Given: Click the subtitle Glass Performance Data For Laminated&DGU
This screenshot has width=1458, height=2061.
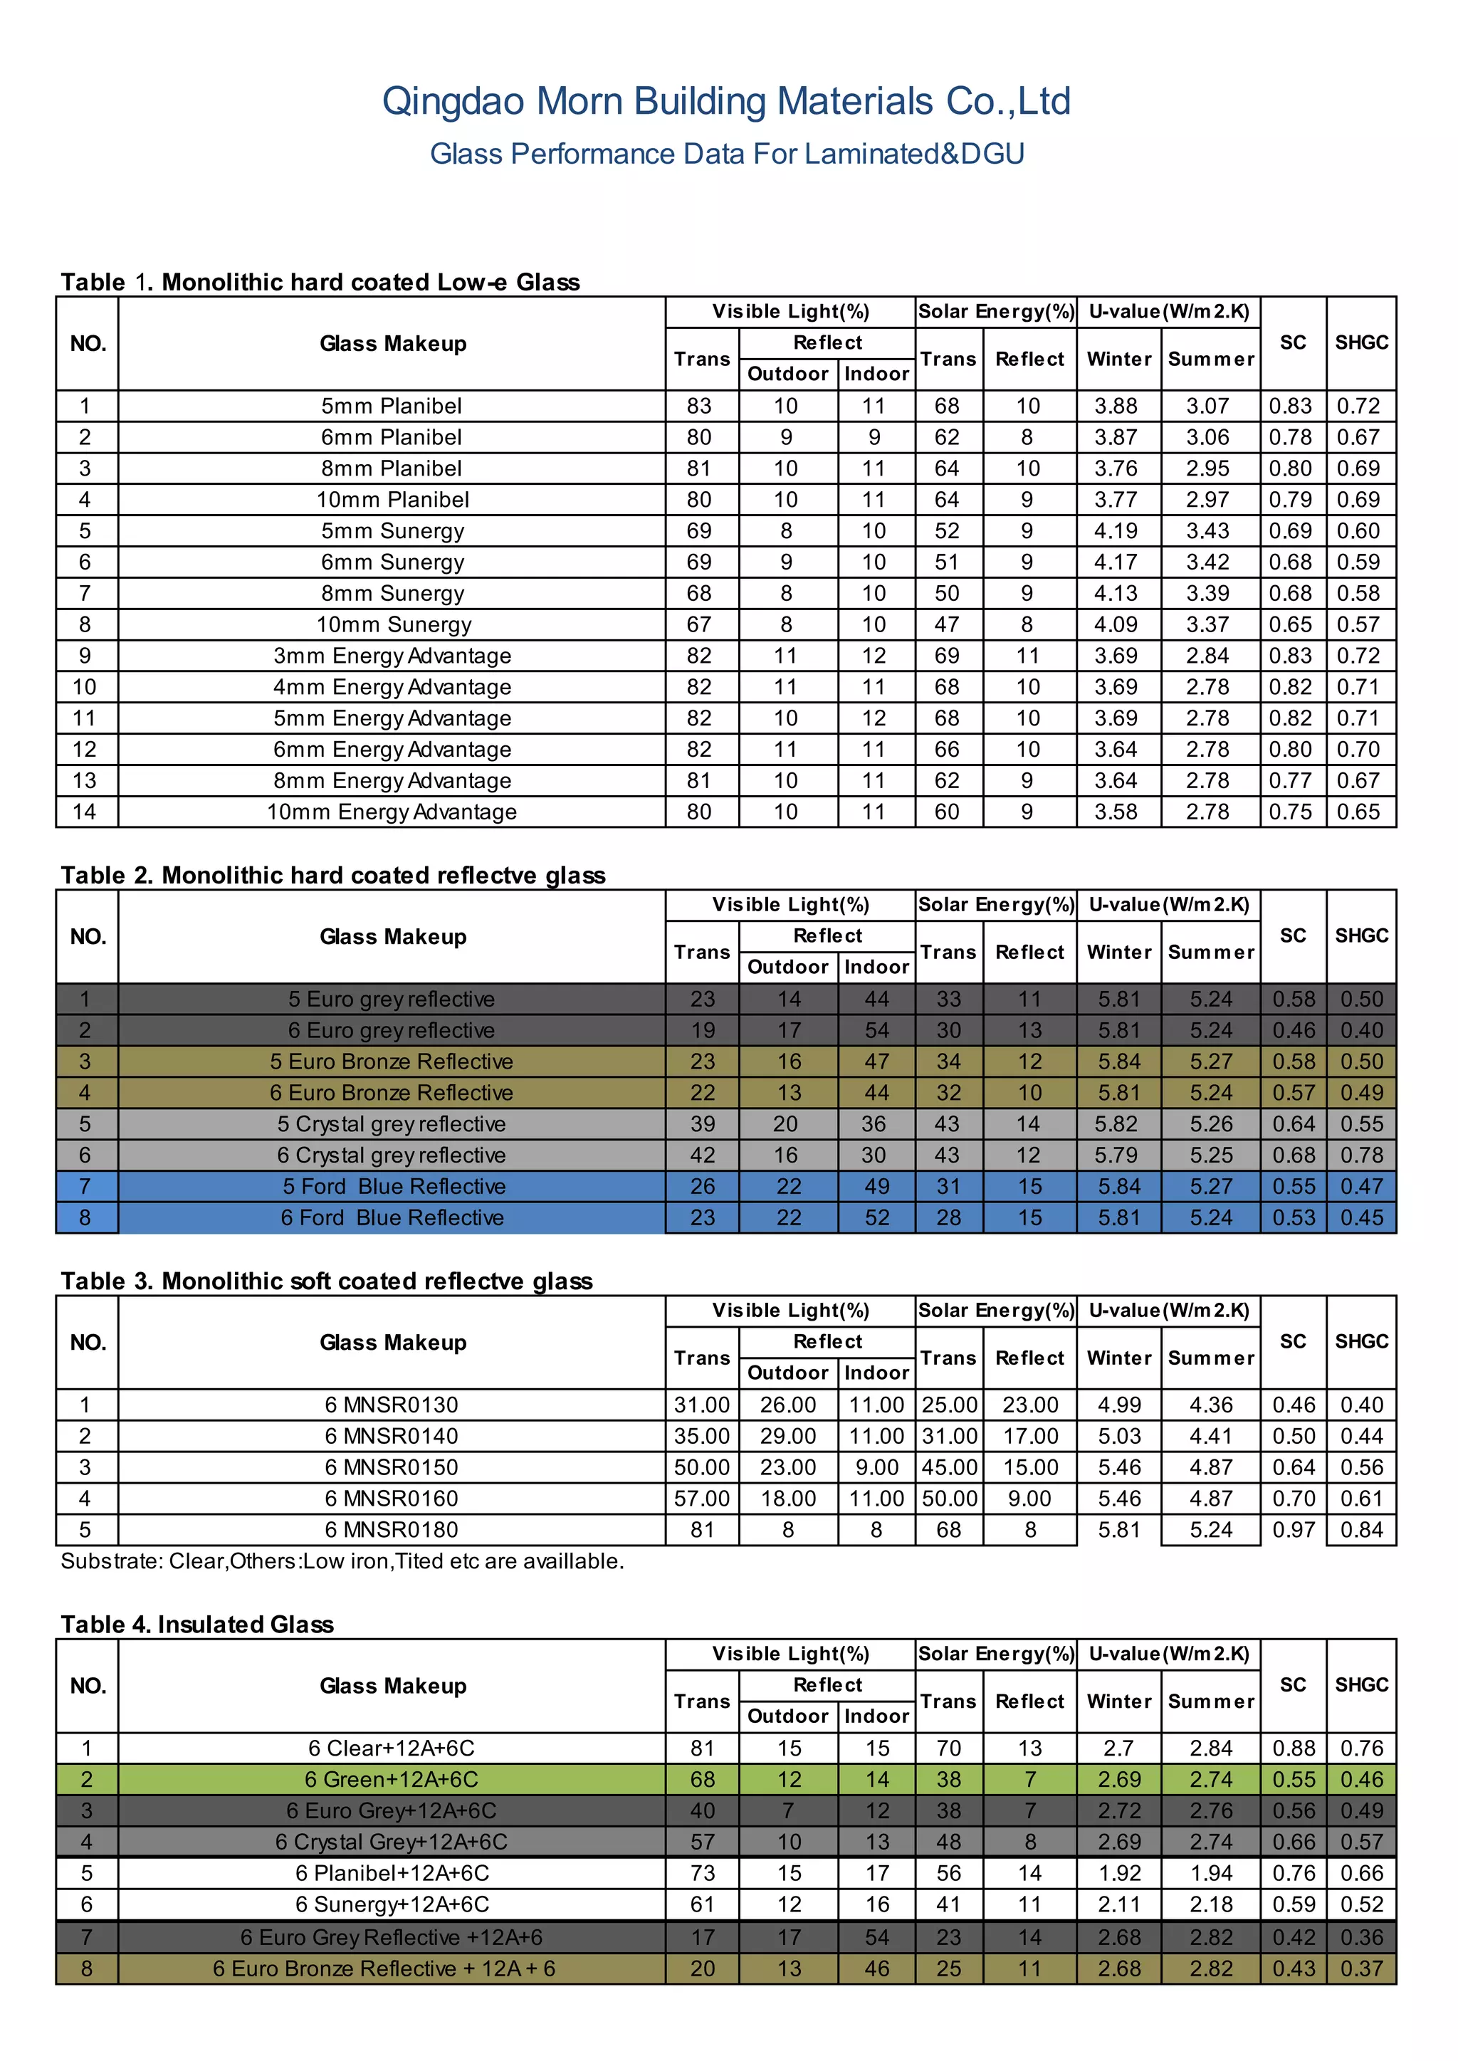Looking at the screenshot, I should coord(726,154).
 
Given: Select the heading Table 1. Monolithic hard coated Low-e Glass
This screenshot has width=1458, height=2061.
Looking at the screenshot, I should coord(320,282).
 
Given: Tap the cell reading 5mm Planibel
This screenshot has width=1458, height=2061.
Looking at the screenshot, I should coord(392,406).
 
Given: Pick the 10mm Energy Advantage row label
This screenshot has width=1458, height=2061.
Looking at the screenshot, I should coord(392,812).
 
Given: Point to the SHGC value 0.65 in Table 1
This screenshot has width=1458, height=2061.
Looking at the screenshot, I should coord(1358,812).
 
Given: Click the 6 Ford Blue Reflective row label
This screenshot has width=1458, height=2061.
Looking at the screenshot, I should coord(392,1217).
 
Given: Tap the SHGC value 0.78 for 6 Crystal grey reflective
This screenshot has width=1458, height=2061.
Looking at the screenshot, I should coord(1361,1155).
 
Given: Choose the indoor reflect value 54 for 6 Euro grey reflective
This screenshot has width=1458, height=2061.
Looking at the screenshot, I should coord(876,1031).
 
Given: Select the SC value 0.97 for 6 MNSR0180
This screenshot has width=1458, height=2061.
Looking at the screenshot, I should coord(1293,1530).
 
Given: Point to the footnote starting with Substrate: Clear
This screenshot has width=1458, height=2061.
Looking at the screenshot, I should coord(342,1561).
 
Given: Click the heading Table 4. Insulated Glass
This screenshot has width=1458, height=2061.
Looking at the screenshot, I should coord(196,1624).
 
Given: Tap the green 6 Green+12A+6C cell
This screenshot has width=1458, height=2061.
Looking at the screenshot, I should coord(392,1779).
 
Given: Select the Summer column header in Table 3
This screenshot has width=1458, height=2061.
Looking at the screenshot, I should coord(1210,1358).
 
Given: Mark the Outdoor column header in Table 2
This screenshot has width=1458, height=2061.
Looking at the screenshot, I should coord(787,967).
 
